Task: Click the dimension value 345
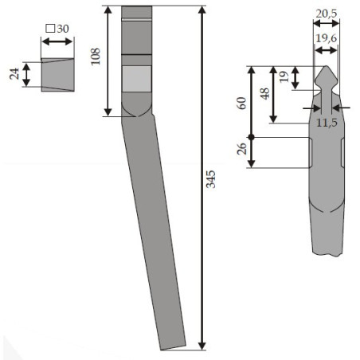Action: [211, 179]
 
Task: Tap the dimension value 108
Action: [96, 57]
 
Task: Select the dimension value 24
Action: [14, 74]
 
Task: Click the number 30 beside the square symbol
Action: [63, 29]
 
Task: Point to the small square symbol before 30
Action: [50, 29]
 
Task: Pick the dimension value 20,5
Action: [327, 14]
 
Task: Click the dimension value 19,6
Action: [327, 38]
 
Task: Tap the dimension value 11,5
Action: [327, 123]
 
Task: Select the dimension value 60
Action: [241, 104]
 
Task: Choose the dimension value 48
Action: [265, 94]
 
